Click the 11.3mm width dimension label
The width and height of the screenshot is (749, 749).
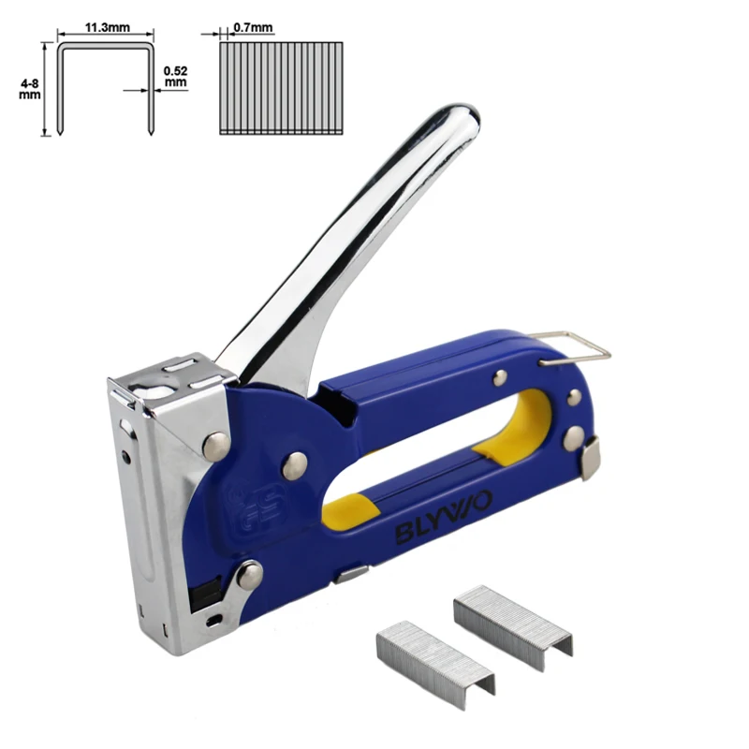point(107,27)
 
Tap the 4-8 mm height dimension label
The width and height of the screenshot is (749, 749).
point(30,89)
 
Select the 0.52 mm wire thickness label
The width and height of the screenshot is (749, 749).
point(175,77)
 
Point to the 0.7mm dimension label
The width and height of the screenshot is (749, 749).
point(253,28)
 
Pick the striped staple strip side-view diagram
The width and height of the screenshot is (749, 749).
point(281,88)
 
